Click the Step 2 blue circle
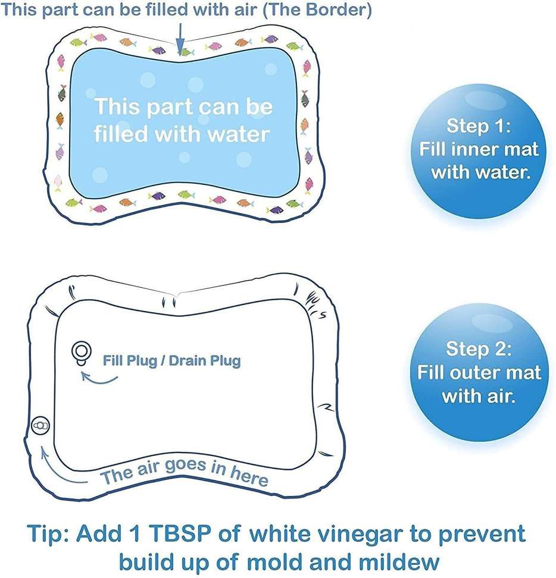point(479,372)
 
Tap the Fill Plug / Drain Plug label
point(171,360)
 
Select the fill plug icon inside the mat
point(80,351)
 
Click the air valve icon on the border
point(40,426)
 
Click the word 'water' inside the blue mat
point(237,134)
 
